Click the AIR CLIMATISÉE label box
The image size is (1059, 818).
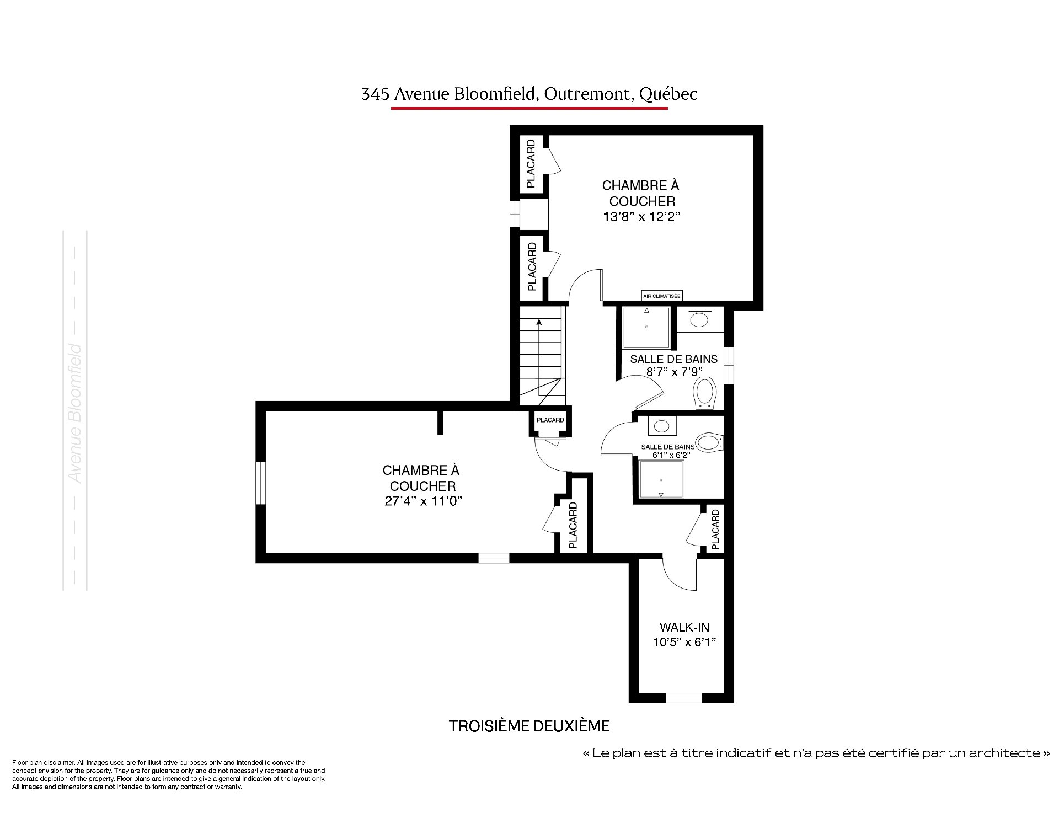(x=662, y=296)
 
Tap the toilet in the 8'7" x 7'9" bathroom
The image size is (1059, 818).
(x=705, y=393)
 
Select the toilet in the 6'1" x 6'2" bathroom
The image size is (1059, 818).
(x=709, y=442)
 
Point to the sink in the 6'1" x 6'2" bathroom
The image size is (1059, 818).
(x=661, y=425)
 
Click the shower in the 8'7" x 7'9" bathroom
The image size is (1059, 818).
(x=646, y=327)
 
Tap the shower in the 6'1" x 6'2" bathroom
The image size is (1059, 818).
(x=661, y=479)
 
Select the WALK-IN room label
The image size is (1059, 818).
(x=684, y=627)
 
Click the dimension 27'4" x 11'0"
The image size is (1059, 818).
(x=422, y=501)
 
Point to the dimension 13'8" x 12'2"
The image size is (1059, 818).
(x=641, y=217)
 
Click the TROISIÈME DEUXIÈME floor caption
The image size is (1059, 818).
(x=529, y=726)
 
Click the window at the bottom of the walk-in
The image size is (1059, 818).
(x=684, y=698)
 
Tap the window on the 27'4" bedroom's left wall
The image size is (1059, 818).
(x=261, y=483)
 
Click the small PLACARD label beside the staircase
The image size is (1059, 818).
(x=550, y=420)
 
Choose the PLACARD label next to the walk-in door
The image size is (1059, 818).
(x=715, y=530)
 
